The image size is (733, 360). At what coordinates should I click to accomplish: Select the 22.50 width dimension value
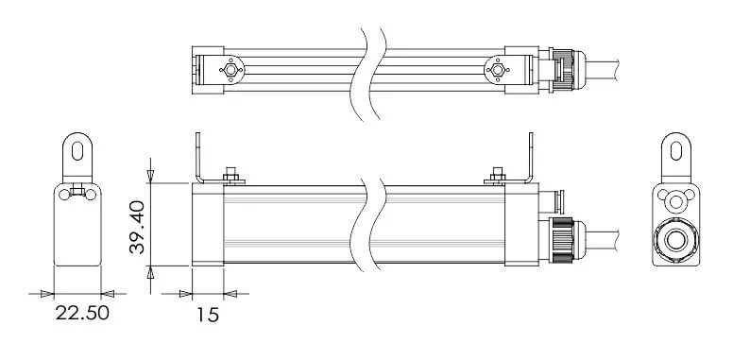(x=80, y=313)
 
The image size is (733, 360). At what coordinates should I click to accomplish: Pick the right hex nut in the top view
(x=496, y=68)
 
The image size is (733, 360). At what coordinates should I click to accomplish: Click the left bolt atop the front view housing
(x=230, y=176)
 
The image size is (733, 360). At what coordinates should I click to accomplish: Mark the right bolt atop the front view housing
(x=499, y=176)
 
